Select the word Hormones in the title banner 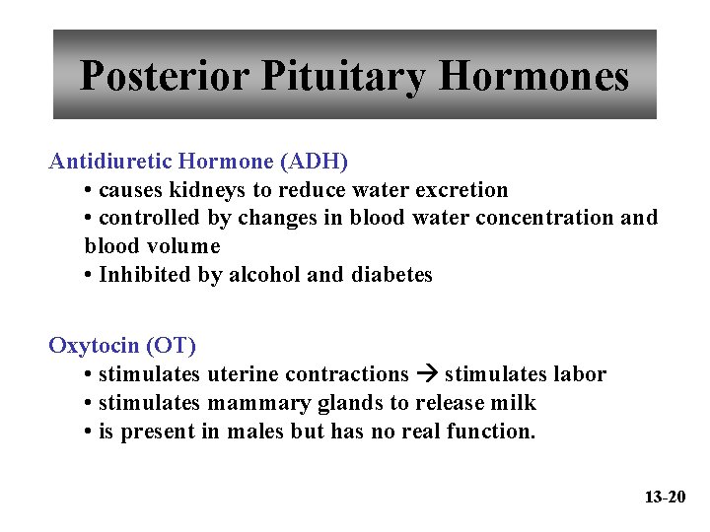(533, 76)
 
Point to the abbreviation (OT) (171, 346)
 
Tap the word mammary (254, 403)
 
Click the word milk (516, 403)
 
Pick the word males (255, 432)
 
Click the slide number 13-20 (665, 497)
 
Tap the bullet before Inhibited (89, 275)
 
